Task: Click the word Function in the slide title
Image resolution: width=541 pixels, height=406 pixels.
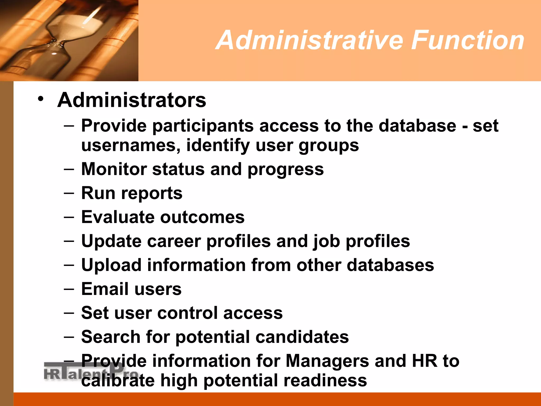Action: pos(468,40)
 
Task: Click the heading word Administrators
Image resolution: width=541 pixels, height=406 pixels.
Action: pos(132,100)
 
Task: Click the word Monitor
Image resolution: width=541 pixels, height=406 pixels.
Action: pos(114,169)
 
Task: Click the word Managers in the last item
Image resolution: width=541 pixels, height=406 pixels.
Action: pos(327,361)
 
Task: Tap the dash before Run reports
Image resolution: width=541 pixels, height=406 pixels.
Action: pos(69,193)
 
